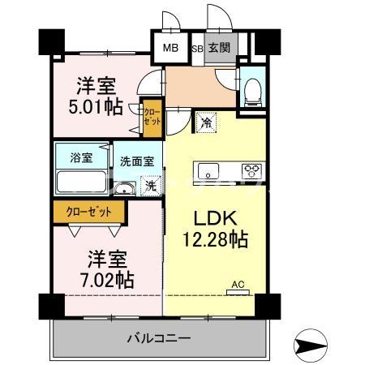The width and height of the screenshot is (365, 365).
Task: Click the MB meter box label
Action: pyautogui.click(x=170, y=48)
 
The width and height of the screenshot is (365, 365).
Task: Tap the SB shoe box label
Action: pyautogui.click(x=197, y=49)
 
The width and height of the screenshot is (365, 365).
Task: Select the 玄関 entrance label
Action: pyautogui.click(x=219, y=48)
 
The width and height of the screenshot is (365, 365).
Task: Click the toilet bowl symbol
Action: pyautogui.click(x=253, y=92)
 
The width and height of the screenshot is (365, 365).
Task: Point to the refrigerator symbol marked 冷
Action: pyautogui.click(x=206, y=123)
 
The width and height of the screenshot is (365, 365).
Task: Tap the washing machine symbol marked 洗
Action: pyautogui.click(x=151, y=186)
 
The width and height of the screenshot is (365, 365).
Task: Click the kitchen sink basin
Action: pyautogui.click(x=208, y=171)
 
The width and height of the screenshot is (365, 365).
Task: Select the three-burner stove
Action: pyautogui.click(x=252, y=171)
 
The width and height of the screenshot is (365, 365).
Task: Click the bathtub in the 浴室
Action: pyautogui.click(x=81, y=182)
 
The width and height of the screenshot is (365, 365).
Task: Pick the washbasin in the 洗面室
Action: pyautogui.click(x=124, y=188)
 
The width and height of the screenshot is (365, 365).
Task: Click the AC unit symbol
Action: pyautogui.click(x=238, y=292)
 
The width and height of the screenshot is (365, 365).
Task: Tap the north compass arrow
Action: pyautogui.click(x=311, y=346)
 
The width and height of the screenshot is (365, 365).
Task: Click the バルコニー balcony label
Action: pyautogui.click(x=159, y=338)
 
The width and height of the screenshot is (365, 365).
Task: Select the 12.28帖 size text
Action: pyautogui.click(x=216, y=238)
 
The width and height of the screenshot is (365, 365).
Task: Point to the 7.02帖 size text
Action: pyautogui.click(x=107, y=280)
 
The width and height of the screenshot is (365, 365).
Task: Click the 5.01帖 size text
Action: pyautogui.click(x=96, y=107)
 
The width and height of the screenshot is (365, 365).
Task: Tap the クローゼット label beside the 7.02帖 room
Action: pyautogui.click(x=88, y=212)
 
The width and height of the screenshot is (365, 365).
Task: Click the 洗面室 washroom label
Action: pyautogui.click(x=137, y=161)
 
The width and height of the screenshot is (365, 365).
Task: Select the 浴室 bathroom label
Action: pyautogui.click(x=81, y=157)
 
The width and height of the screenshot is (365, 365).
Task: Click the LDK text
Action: pyautogui.click(x=216, y=218)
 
